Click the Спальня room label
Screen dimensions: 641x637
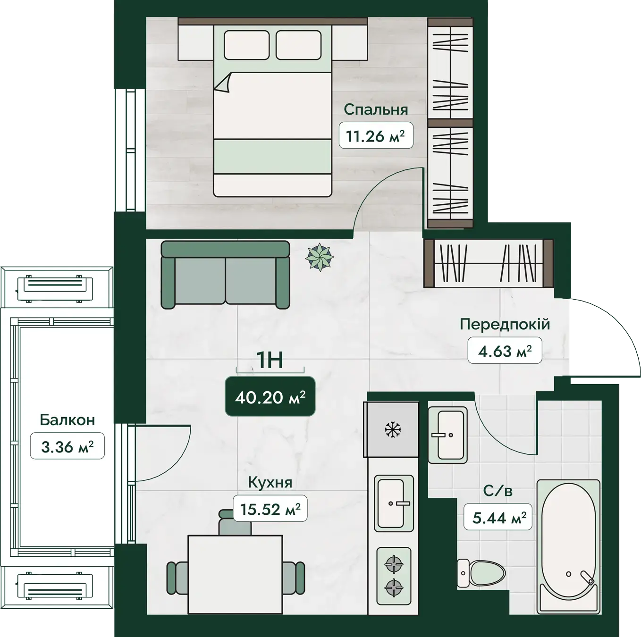[376, 109]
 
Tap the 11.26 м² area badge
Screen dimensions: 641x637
[376, 135]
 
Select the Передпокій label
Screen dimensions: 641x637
[505, 324]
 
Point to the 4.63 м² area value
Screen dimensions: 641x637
[505, 351]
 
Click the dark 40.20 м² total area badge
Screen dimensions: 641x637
[270, 397]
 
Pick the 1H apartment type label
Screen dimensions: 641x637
[270, 360]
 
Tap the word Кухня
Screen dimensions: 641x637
[270, 483]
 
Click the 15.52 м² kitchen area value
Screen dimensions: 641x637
[270, 509]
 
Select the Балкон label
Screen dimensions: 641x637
[67, 420]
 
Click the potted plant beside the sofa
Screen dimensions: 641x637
[320, 257]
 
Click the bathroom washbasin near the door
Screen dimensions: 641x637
[447, 435]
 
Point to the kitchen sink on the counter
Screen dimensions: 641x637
[394, 503]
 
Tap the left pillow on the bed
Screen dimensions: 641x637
[246, 45]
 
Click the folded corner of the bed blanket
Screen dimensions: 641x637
[223, 83]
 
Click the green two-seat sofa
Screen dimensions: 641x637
[225, 275]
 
